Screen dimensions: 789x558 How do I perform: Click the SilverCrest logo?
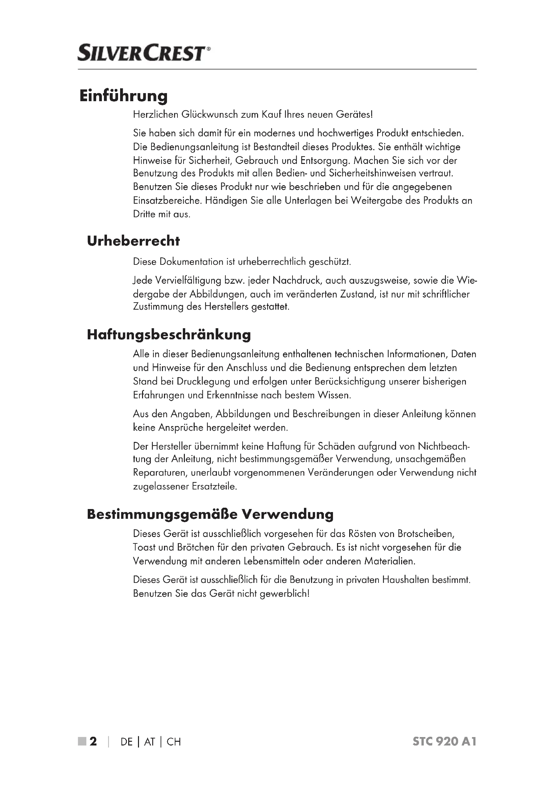pyautogui.click(x=144, y=53)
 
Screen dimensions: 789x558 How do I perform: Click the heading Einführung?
pyautogui.click(x=123, y=96)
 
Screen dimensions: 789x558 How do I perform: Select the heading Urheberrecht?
pyautogui.click(x=133, y=241)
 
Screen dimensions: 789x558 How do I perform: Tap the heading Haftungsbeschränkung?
pyautogui.click(x=169, y=334)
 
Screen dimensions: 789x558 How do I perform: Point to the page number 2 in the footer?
pyautogui.click(x=93, y=741)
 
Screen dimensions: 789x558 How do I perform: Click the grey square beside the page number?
pyautogui.click(x=82, y=741)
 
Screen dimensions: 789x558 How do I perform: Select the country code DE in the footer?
pyautogui.click(x=127, y=742)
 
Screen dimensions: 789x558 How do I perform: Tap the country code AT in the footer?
pyautogui.click(x=149, y=742)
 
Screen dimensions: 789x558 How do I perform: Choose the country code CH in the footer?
pyautogui.click(x=173, y=742)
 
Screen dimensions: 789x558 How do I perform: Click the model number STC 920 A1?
pyautogui.click(x=444, y=741)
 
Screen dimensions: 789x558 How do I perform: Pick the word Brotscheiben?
pyautogui.click(x=426, y=534)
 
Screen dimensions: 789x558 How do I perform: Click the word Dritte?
pyautogui.click(x=145, y=215)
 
